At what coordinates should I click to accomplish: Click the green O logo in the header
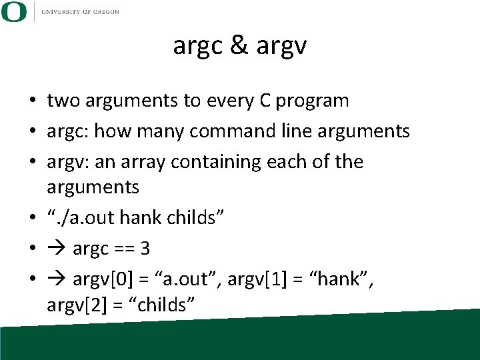pos(14,11)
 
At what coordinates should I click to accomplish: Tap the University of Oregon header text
pos(80,12)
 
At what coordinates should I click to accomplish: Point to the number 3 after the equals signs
pos(145,249)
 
